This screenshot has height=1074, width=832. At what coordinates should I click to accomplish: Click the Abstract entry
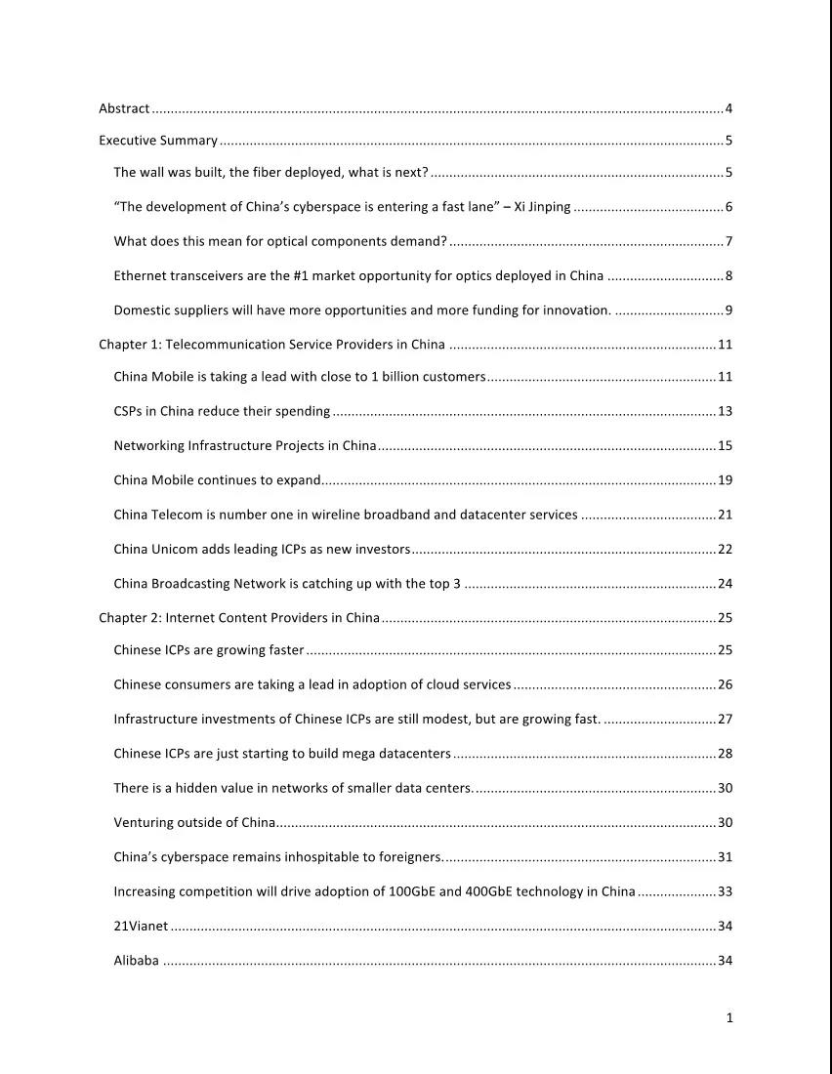coord(124,108)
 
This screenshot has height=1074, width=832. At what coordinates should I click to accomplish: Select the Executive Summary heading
coord(158,141)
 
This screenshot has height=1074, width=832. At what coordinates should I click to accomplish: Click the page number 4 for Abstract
coord(728,108)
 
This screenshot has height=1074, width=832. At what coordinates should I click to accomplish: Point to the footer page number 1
coord(728,1018)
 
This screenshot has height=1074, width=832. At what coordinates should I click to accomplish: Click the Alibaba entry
coord(136,961)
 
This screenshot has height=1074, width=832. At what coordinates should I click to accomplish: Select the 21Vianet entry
coord(141,927)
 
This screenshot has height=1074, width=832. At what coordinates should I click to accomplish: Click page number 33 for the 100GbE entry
coord(725,892)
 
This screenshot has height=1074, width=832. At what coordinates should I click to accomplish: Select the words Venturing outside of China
coord(194,823)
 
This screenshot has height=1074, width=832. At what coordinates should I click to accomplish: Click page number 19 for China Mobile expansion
coord(725,480)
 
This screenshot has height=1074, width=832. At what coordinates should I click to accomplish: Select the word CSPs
coord(130,412)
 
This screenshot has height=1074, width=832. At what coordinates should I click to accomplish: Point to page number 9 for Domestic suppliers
coord(728,311)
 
